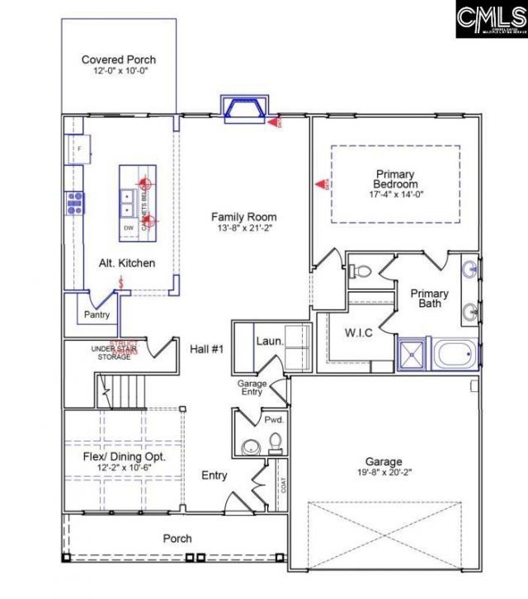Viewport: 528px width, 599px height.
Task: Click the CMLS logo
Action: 490,19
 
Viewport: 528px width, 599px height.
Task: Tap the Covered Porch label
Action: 118,59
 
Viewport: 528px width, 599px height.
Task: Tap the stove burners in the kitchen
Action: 75,202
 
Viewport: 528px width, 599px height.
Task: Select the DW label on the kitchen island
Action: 128,228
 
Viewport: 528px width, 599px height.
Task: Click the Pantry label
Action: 97,314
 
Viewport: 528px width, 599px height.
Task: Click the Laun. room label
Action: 270,340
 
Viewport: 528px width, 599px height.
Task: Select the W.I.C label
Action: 360,334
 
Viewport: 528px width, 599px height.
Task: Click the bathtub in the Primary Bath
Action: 455,356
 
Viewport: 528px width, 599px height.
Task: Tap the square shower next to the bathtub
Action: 411,356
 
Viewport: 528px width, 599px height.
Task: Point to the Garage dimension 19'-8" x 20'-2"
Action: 384,474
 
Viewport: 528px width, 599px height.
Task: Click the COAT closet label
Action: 284,487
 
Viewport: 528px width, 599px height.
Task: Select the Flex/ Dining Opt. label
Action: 125,456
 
